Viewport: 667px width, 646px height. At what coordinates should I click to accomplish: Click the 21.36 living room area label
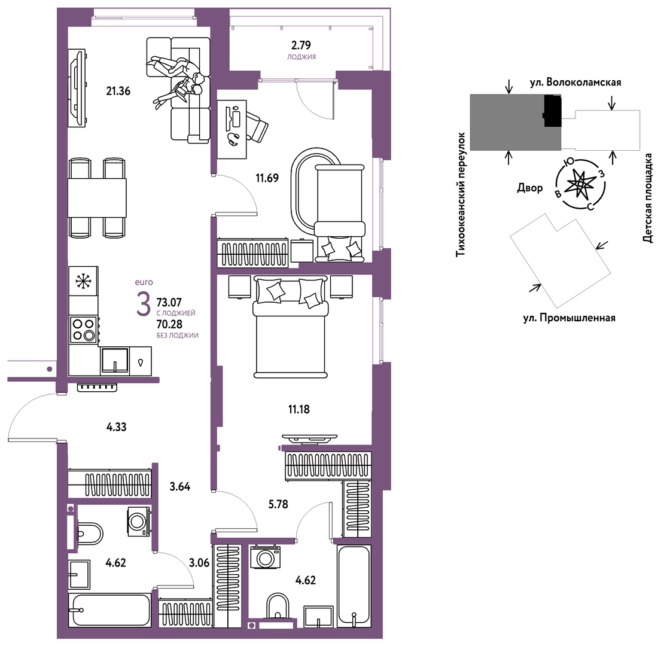pos(118,90)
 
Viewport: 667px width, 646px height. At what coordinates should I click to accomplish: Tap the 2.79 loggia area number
pos(301,45)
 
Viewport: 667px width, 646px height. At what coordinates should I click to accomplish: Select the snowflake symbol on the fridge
pos(83,281)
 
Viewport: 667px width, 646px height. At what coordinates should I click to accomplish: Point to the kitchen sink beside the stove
pos(115,361)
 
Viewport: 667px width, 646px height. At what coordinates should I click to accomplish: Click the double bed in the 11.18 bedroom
pos(291,327)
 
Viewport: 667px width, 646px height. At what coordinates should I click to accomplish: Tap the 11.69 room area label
pos(267,178)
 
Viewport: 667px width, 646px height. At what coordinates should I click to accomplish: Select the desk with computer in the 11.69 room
pos(232,129)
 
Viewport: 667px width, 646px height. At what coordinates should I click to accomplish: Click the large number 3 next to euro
pos(144,304)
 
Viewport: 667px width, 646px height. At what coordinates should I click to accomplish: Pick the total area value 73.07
pos(169,303)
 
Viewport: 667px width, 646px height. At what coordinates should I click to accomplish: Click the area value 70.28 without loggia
pos(169,324)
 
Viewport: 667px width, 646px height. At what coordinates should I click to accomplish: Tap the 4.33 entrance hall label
pos(116,426)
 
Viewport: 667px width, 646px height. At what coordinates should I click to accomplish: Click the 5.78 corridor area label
pos(278,504)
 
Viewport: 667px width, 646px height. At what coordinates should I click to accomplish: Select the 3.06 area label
pos(199,563)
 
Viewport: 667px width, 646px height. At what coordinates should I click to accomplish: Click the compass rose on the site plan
pos(580,184)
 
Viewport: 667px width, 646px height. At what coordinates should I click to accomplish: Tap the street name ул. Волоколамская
pos(575,82)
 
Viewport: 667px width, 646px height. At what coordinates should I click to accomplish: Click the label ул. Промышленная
pos(569,318)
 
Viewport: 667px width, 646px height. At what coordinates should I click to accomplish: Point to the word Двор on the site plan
pos(530,188)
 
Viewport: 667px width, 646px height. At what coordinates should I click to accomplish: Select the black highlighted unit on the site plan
pos(553,111)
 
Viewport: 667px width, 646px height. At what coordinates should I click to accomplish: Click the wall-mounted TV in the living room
pos(77,88)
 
